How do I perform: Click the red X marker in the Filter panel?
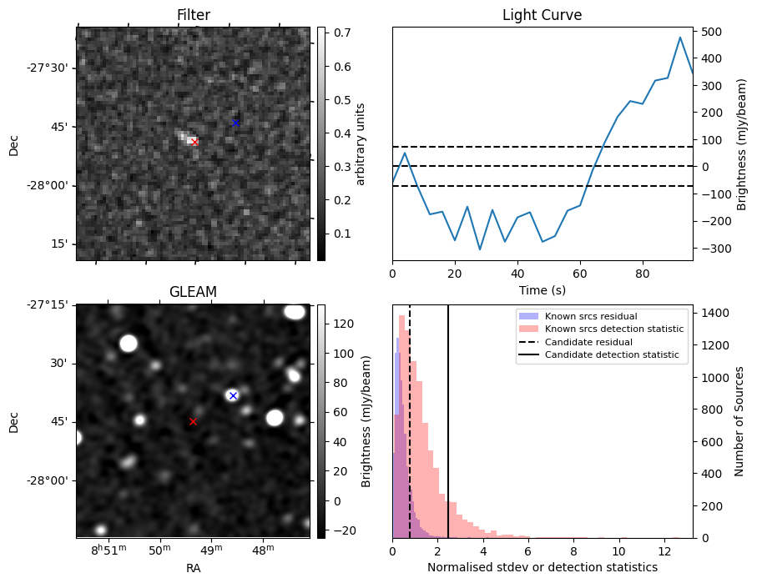pyautogui.click(x=194, y=143)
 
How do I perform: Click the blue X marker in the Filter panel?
pyautogui.click(x=235, y=123)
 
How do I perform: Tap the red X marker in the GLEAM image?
pyautogui.click(x=193, y=422)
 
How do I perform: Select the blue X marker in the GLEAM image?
pyautogui.click(x=233, y=395)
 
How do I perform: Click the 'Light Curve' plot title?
pyautogui.click(x=542, y=16)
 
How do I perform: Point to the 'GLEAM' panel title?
pyautogui.click(x=193, y=292)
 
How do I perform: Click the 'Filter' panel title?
pyautogui.click(x=193, y=16)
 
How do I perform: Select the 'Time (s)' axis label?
pyautogui.click(x=542, y=289)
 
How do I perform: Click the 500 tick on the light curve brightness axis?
pyautogui.click(x=710, y=32)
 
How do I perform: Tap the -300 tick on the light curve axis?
pyautogui.click(x=710, y=249)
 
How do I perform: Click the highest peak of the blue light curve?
pyautogui.click(x=680, y=38)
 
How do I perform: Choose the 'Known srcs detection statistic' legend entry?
pyautogui.click(x=613, y=329)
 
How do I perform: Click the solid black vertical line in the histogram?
pyautogui.click(x=448, y=417)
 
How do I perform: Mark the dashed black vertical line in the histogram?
pyautogui.click(x=410, y=417)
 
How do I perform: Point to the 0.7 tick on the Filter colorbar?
pyautogui.click(x=338, y=33)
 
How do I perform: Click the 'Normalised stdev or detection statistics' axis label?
pyautogui.click(x=542, y=567)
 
